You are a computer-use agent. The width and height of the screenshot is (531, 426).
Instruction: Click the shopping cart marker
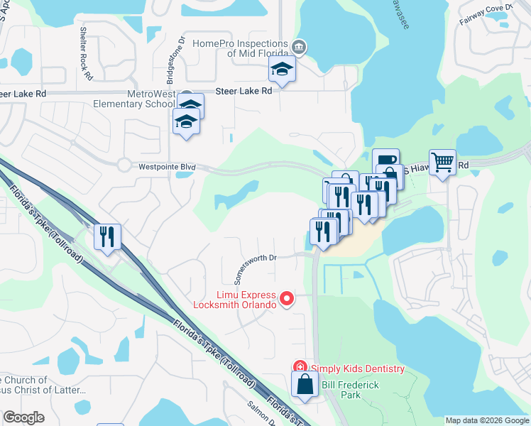[x=442, y=163]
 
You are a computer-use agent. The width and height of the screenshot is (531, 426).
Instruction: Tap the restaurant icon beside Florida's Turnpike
[x=107, y=236]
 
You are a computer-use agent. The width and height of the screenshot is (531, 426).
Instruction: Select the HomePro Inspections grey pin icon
[x=300, y=47]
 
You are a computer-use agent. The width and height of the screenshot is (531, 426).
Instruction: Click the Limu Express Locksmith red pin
[x=287, y=299]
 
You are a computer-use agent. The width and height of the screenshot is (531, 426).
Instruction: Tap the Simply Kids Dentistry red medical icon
[x=300, y=368]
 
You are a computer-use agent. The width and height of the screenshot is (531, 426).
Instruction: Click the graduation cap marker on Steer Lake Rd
[x=282, y=70]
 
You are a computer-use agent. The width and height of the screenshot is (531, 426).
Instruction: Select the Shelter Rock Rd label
[x=86, y=53]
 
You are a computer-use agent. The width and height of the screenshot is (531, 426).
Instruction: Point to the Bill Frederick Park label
[x=351, y=390]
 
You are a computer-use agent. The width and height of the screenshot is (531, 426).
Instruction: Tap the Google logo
[x=23, y=417]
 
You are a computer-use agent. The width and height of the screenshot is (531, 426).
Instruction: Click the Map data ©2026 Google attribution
[x=486, y=420]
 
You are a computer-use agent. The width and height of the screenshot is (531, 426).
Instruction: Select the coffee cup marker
[x=385, y=160]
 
